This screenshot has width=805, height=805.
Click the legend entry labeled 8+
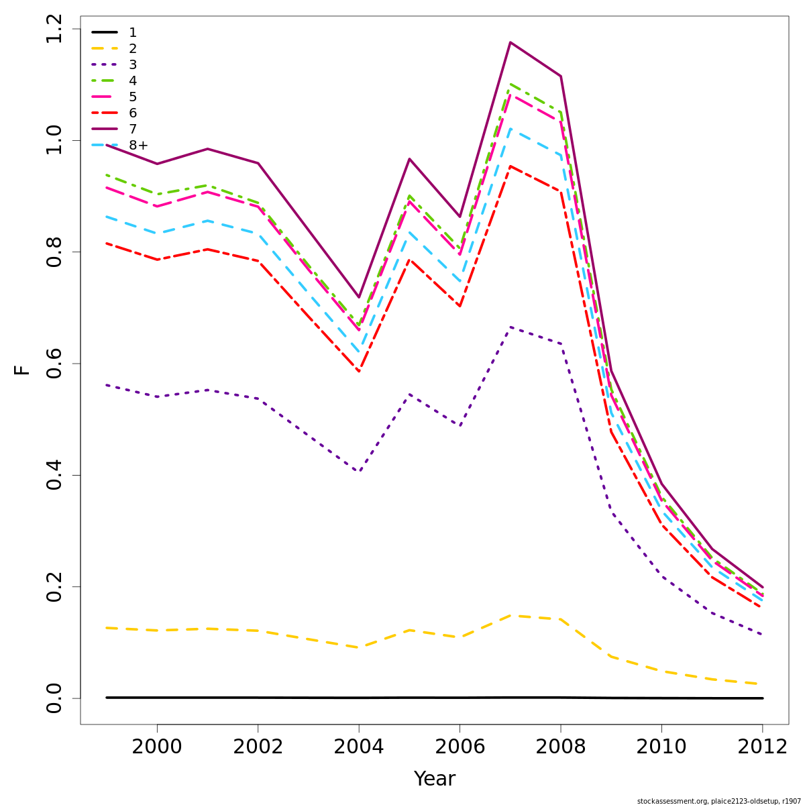pyautogui.click(x=138, y=145)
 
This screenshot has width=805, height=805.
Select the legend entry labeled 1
pyautogui.click(x=132, y=32)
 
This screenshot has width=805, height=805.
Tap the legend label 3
pyautogui.click(x=132, y=64)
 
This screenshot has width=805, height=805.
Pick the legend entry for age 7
pyautogui.click(x=132, y=129)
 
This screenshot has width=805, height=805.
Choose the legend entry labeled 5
pyautogui.click(x=132, y=97)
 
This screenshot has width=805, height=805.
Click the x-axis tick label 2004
pyautogui.click(x=359, y=747)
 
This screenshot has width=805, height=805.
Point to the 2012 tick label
pyautogui.click(x=762, y=747)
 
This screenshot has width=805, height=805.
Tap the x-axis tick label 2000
pyautogui.click(x=157, y=747)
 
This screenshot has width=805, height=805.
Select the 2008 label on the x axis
pyautogui.click(x=560, y=747)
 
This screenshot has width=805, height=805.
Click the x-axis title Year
pyautogui.click(x=435, y=779)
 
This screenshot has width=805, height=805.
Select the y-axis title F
pyautogui.click(x=23, y=370)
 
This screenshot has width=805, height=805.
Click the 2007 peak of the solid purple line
pyautogui.click(x=511, y=42)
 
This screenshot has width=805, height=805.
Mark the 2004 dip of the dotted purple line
pyautogui.click(x=359, y=472)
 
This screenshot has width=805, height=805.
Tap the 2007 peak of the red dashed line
pyautogui.click(x=511, y=166)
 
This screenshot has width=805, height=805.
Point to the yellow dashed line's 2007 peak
pyautogui.click(x=511, y=615)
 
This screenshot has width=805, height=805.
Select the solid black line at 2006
pyautogui.click(x=460, y=698)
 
